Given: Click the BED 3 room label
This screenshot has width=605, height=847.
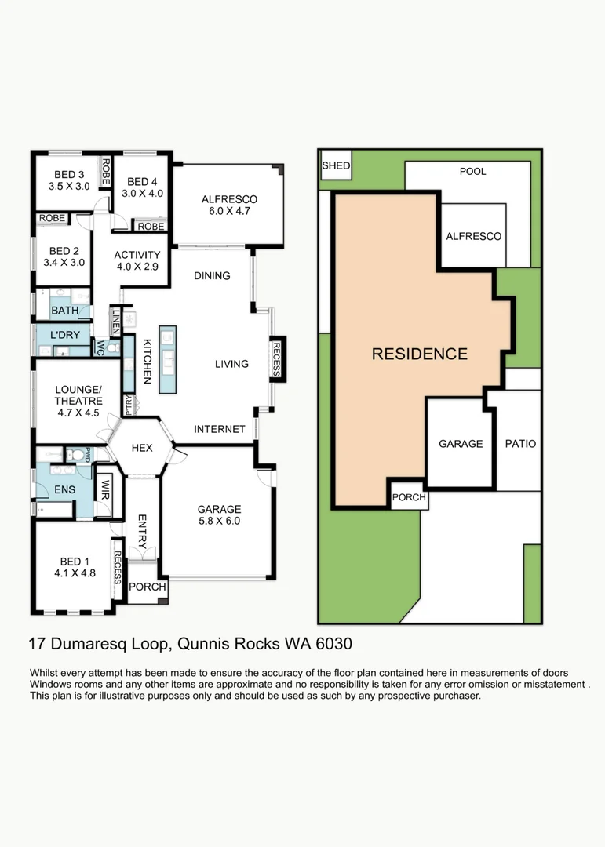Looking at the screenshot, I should click(x=69, y=174).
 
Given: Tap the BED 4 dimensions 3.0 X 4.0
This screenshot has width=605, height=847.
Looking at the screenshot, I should click(x=144, y=193).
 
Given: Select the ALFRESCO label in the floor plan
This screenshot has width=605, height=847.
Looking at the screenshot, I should click(x=229, y=199).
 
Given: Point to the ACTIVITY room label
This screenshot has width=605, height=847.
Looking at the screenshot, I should click(x=137, y=255).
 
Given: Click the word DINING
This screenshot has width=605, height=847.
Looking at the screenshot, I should click(x=212, y=275).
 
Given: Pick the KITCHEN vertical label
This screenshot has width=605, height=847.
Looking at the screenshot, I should click(x=147, y=362).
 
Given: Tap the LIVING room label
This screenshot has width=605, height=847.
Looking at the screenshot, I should click(x=231, y=364).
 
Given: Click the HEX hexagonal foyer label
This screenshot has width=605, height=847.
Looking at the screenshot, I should click(x=141, y=448).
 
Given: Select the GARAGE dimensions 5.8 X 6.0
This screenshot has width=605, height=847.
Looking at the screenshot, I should click(x=219, y=521).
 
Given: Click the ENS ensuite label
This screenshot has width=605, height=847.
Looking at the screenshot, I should click(x=64, y=490).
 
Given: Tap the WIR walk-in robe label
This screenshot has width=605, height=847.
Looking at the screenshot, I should click(x=103, y=489).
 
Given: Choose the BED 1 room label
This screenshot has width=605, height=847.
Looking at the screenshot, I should click(x=72, y=561).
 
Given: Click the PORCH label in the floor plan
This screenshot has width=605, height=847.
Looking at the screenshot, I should click(x=147, y=587).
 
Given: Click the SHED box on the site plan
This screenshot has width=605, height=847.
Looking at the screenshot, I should click(x=336, y=166).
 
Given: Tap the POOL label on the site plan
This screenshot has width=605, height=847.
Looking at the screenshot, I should click(x=472, y=171).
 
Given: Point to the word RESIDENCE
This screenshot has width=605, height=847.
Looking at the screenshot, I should click(x=419, y=354).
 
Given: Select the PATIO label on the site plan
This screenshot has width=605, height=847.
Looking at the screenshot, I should click(x=520, y=444).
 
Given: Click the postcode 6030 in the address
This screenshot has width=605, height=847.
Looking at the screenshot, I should click(x=331, y=644).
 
